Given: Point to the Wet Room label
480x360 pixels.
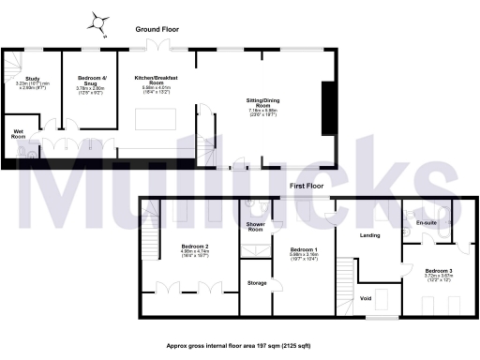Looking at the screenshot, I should click(x=18, y=133).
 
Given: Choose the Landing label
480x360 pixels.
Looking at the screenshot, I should click(x=370, y=234).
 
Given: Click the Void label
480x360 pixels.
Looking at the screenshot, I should click(x=367, y=298).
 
